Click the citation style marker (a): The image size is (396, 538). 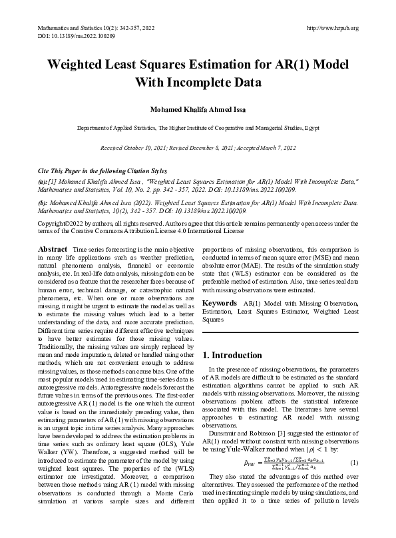[43, 181]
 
